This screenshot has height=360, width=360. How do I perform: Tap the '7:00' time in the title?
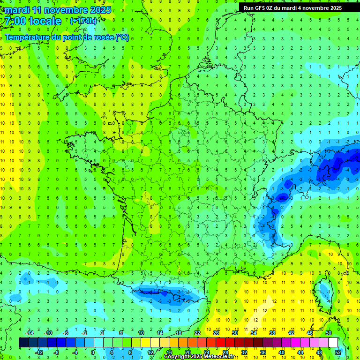pyautogui.click(x=14, y=21)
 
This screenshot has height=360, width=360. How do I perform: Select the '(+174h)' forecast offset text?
pyautogui.click(x=83, y=21)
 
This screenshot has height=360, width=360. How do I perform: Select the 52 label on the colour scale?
pyautogui.click(x=338, y=352)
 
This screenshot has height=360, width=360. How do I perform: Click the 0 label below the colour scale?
pyautogui.click(x=92, y=352)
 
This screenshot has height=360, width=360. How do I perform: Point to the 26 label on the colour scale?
pyautogui.click(x=216, y=332)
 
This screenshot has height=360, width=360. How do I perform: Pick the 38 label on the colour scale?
pyautogui.click(x=272, y=332)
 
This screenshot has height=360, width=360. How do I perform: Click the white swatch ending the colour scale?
pyautogui.click(x=333, y=342)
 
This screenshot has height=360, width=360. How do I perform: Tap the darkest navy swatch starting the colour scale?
pyautogui.click(x=23, y=342)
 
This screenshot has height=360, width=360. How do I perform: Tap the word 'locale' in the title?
pyautogui.click(x=45, y=21)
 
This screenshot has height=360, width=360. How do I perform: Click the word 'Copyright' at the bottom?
pyautogui.click(x=177, y=357)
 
